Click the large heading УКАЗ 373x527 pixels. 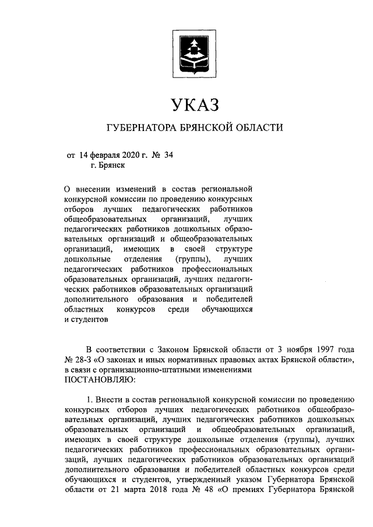(194, 104)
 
